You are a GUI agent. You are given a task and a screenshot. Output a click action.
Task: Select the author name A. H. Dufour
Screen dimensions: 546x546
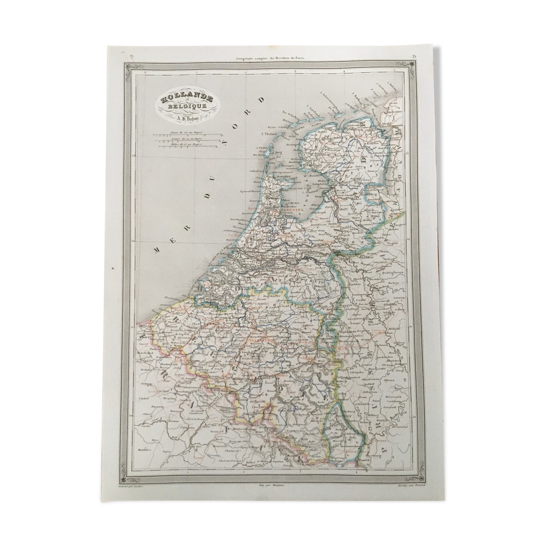[187, 117]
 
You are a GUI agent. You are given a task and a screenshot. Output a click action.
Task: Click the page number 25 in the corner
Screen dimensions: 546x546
[414, 57]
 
